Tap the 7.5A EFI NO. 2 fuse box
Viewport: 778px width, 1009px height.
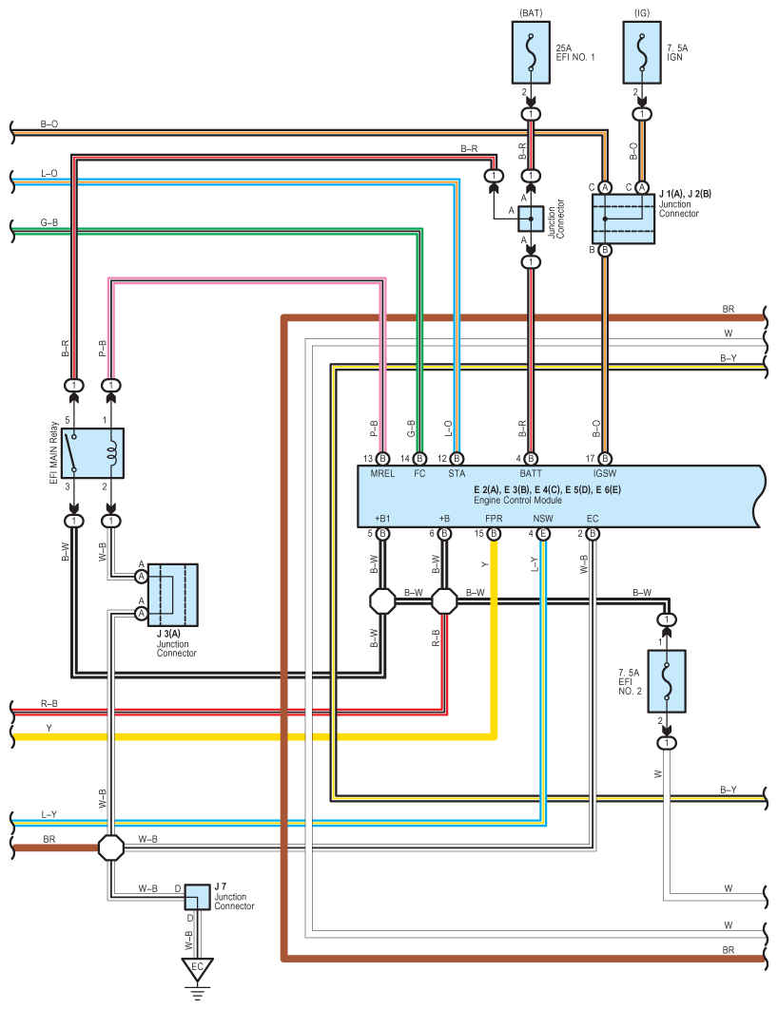point(667,681)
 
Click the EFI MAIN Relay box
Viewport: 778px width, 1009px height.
point(99,453)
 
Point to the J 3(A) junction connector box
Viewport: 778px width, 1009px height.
point(172,595)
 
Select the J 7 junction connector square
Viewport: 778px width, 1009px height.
point(197,896)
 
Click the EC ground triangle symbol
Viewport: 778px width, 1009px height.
point(198,970)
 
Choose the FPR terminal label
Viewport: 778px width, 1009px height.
point(494,518)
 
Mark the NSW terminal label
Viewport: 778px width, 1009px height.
point(543,518)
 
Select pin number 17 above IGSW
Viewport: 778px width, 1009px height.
point(591,458)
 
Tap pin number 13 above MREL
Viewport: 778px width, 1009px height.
point(368,458)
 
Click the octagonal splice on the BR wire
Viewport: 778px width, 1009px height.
point(111,846)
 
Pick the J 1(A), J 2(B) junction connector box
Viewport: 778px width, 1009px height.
point(624,219)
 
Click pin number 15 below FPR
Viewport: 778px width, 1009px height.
point(480,534)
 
